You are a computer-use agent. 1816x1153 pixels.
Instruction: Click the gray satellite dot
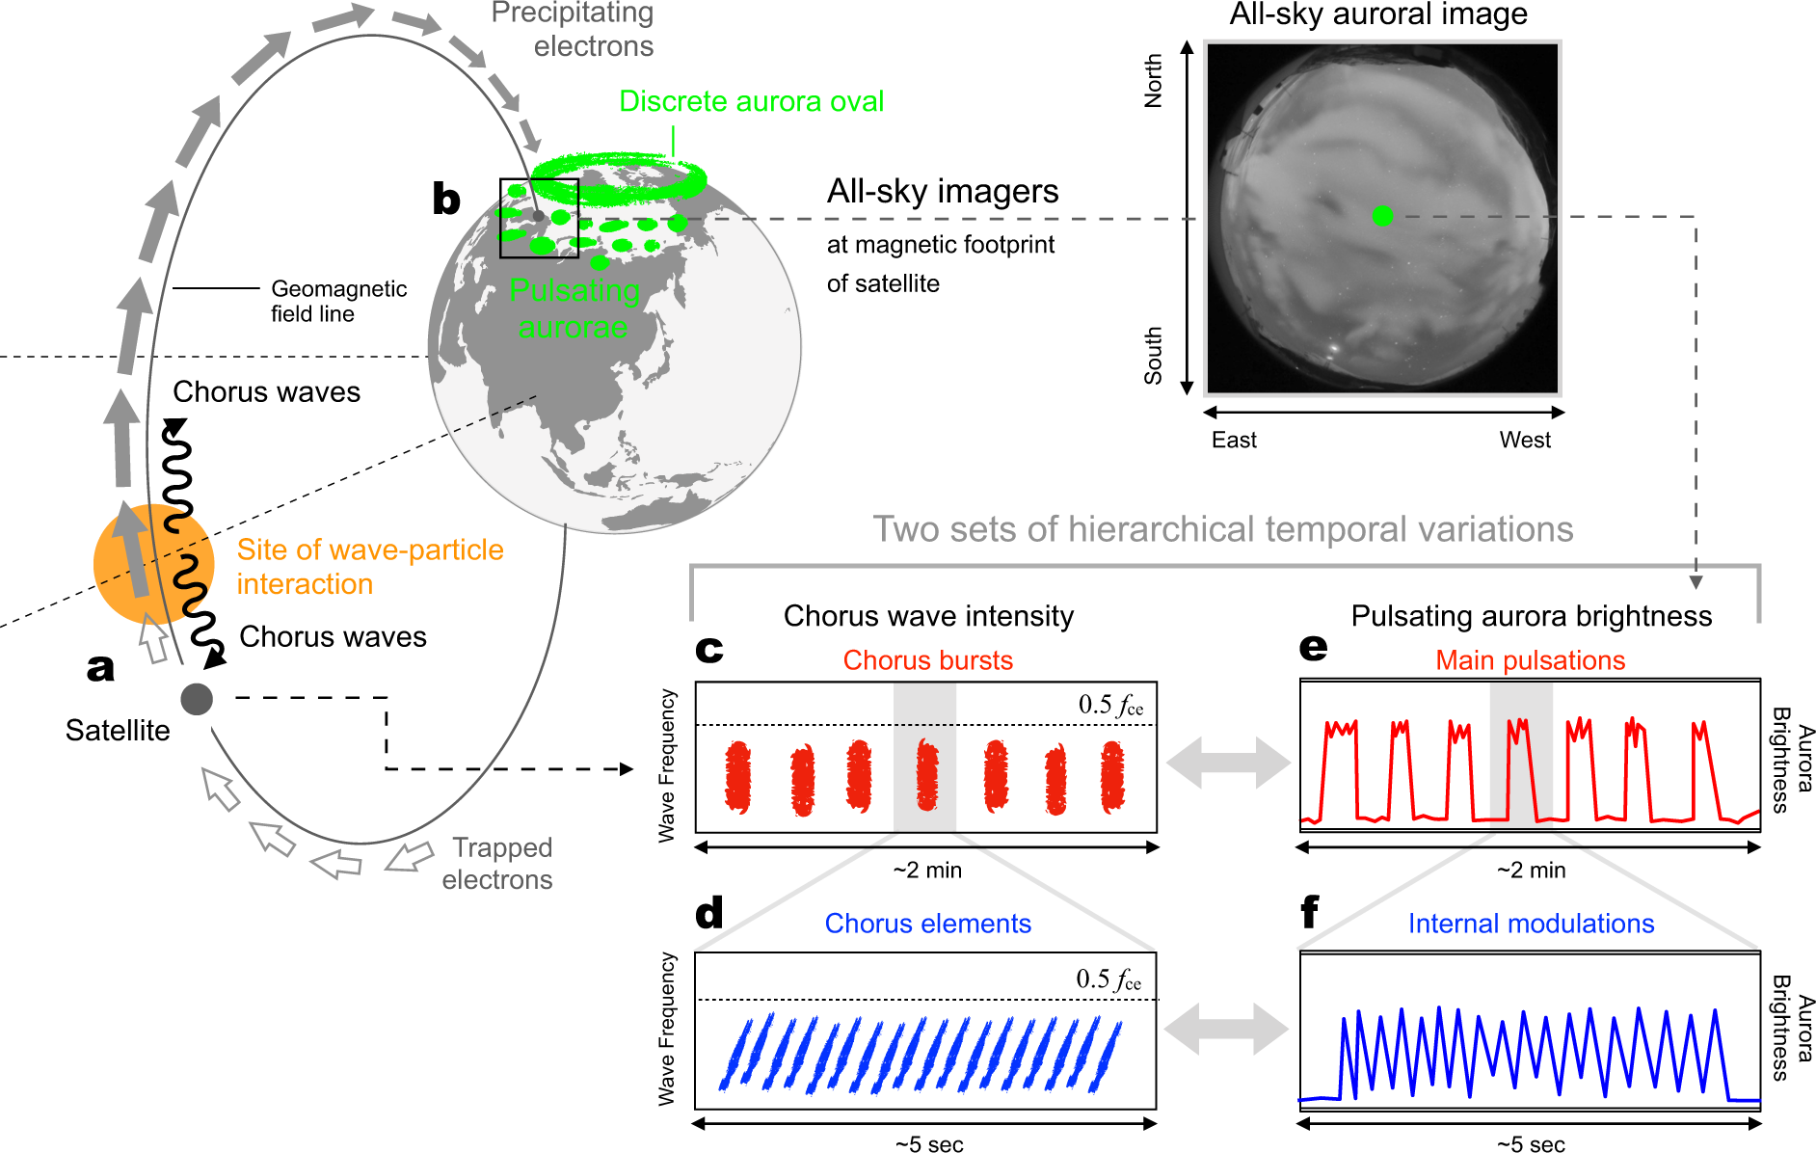(x=197, y=699)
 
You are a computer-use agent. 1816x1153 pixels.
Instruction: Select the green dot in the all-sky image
(x=1382, y=216)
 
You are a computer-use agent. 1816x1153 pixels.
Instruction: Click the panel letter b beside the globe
(x=446, y=199)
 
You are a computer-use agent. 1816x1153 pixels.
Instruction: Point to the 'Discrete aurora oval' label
(x=751, y=101)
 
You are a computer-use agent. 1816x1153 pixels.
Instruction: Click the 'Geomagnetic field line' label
(x=338, y=301)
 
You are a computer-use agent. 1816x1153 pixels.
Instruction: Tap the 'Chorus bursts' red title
(x=927, y=660)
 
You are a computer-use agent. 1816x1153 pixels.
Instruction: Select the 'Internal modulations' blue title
(x=1531, y=924)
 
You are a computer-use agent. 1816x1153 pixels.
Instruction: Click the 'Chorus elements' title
(x=927, y=924)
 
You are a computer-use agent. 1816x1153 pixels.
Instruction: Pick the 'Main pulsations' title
(x=1530, y=660)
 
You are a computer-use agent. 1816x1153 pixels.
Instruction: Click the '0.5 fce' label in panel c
(x=1110, y=705)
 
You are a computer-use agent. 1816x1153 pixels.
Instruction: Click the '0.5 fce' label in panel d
(x=1108, y=979)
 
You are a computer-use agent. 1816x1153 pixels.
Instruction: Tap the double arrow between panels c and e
(x=1228, y=763)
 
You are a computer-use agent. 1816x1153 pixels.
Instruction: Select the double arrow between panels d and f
(x=1226, y=1029)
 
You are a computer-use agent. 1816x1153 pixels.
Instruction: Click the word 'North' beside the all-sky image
(x=1153, y=80)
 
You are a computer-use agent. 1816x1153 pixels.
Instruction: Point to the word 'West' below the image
(x=1525, y=440)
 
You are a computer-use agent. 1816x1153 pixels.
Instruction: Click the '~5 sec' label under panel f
(x=1531, y=1144)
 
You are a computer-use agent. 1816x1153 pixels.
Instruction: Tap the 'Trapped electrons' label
(x=498, y=863)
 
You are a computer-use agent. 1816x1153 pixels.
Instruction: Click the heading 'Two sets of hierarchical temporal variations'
(x=1222, y=529)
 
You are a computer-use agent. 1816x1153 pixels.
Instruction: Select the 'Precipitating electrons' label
(x=574, y=29)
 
